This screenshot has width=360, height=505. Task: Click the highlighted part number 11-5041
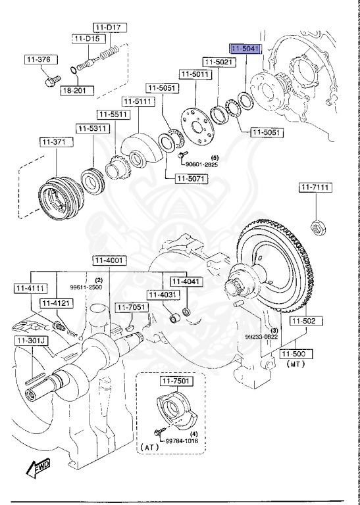point(245,49)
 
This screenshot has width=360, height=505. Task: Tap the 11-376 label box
point(38,60)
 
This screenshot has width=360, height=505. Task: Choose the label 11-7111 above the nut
point(315,188)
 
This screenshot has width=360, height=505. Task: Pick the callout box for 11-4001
point(108,260)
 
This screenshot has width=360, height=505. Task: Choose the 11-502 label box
point(305,321)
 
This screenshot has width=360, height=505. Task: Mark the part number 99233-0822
point(263,337)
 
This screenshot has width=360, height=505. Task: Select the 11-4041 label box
point(185,281)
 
